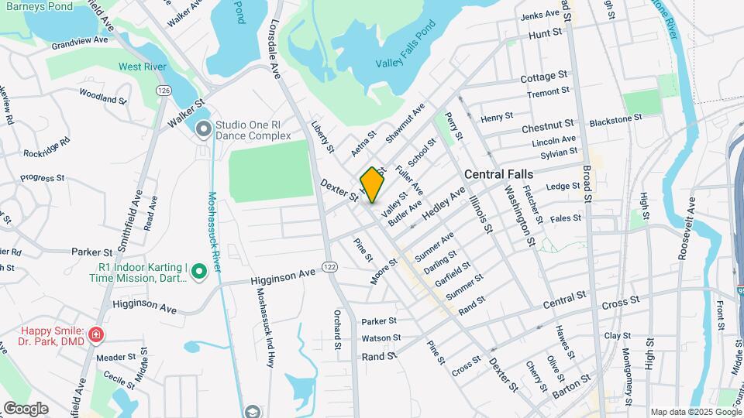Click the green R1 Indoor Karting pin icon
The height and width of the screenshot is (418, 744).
[198, 271]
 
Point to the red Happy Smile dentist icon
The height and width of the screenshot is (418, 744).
[96, 335]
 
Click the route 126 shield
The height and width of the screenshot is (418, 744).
[163, 91]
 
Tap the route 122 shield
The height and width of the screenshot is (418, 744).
[330, 267]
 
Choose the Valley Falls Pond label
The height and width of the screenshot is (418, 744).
[405, 62]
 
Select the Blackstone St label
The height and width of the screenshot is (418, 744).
[616, 120]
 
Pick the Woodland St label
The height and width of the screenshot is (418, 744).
[102, 98]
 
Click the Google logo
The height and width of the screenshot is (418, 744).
[26, 409]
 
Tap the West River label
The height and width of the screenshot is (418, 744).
[143, 67]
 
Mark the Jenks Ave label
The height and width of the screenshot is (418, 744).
[540, 15]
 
